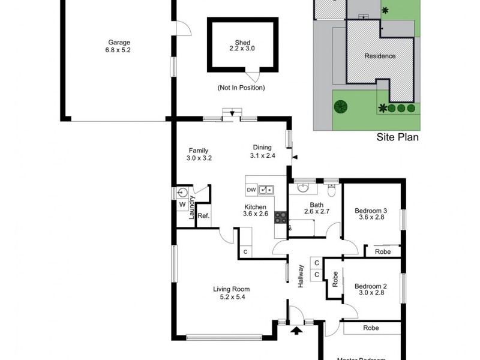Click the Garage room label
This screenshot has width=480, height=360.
click(x=119, y=42)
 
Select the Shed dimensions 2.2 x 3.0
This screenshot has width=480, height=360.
click(x=242, y=49)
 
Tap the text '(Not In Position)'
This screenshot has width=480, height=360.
click(x=241, y=88)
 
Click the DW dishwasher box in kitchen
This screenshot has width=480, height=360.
click(x=251, y=190)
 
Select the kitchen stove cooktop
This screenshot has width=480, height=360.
click(x=280, y=217)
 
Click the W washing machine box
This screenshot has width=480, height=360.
click(x=182, y=205)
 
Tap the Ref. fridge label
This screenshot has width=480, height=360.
click(x=203, y=216)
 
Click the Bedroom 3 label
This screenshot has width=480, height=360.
click(x=370, y=210)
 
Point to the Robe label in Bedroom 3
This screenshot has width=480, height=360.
click(x=383, y=252)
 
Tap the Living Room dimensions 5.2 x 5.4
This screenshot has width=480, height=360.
click(x=231, y=296)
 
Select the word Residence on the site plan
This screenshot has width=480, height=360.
click(x=380, y=56)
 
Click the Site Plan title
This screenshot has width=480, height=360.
click(x=397, y=137)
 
